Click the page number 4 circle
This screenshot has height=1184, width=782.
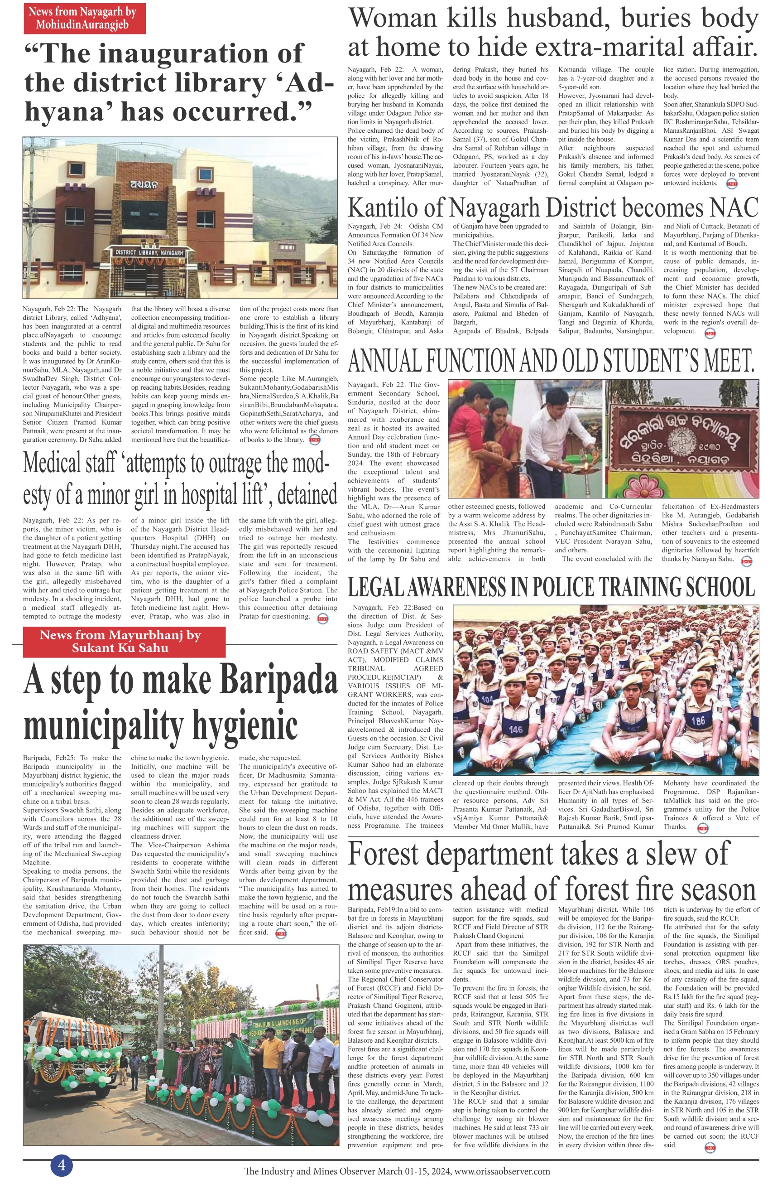[x=61, y=1166]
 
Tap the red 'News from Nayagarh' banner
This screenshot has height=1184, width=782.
[x=84, y=18]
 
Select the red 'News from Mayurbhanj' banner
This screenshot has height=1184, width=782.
[x=120, y=642]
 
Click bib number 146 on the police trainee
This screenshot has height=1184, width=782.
[x=515, y=730]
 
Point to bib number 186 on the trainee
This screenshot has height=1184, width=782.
[x=698, y=720]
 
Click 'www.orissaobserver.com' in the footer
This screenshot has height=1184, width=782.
[x=502, y=1171]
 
